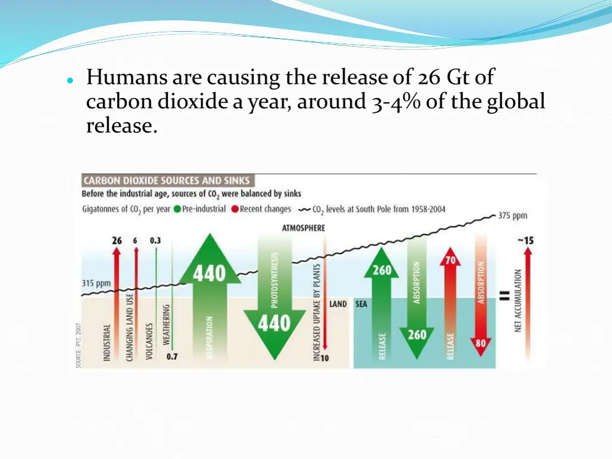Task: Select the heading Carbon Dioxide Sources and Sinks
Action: click(167, 180)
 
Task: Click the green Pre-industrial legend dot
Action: click(178, 210)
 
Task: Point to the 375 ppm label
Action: click(513, 216)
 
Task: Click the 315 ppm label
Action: click(96, 283)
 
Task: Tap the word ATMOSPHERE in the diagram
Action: click(304, 228)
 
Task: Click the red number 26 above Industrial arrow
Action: click(117, 240)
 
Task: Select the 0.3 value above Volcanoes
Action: click(155, 240)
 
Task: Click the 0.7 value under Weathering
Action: click(172, 357)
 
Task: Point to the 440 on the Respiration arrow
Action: click(210, 274)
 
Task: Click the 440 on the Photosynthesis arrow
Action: click(274, 323)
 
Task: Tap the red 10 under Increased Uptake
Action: click(325, 358)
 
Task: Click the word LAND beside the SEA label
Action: click(338, 304)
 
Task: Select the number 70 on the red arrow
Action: click(450, 261)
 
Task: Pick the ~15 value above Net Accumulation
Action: click(525, 240)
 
